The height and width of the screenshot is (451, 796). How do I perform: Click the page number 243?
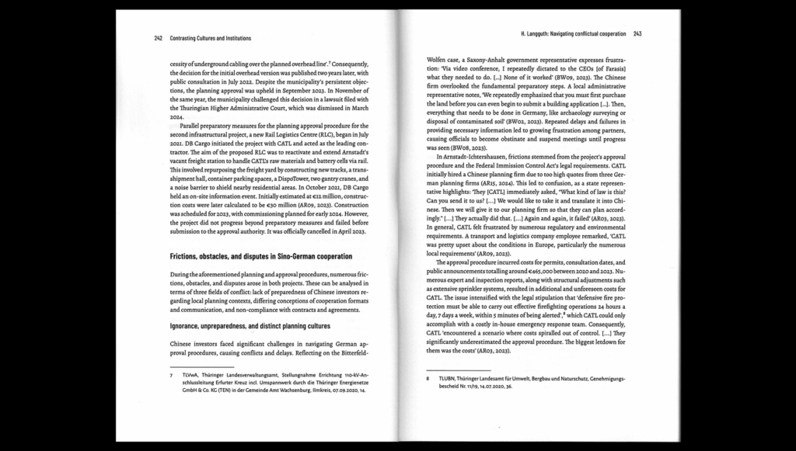click(x=637, y=34)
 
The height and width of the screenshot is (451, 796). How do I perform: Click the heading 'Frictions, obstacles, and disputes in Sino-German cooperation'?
click(x=260, y=256)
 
